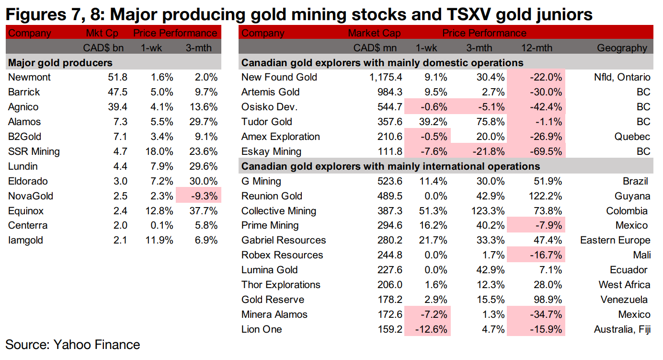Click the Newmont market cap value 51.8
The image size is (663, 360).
pyautogui.click(x=117, y=77)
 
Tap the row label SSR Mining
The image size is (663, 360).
pyautogui.click(x=34, y=151)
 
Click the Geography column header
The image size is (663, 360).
pyautogui.click(x=622, y=48)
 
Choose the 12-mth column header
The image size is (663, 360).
pyautogui.click(x=537, y=48)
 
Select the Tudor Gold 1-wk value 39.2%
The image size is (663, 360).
pyautogui.click(x=432, y=122)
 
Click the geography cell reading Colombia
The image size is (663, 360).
pyautogui.click(x=627, y=211)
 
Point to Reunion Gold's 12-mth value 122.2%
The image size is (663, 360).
pyautogui.click(x=543, y=196)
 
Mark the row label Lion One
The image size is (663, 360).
pyautogui.click(x=262, y=329)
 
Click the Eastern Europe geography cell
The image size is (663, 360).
pyautogui.click(x=615, y=240)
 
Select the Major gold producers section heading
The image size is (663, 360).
pyautogui.click(x=60, y=63)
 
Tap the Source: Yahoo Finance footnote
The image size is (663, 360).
pyautogui.click(x=72, y=345)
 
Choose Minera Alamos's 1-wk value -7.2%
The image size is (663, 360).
pyautogui.click(x=433, y=314)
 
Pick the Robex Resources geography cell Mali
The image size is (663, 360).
pyautogui.click(x=640, y=255)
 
